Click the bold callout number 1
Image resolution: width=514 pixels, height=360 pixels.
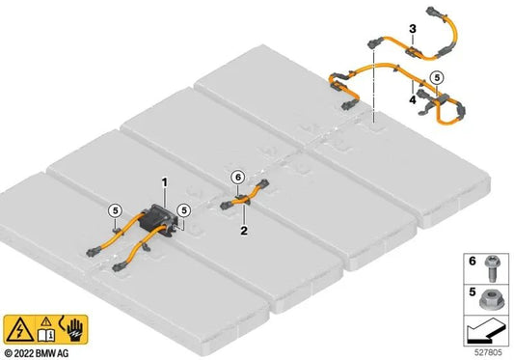click(x=165, y=182)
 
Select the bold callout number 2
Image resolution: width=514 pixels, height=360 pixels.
click(x=244, y=231)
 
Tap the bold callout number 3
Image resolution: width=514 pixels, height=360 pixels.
click(x=413, y=29)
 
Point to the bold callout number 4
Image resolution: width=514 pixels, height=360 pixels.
click(x=413, y=99)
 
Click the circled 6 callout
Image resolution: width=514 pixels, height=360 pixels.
click(x=238, y=178)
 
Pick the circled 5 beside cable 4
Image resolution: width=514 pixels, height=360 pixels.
click(x=437, y=77)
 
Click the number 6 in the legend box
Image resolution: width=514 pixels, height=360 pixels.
click(x=472, y=261)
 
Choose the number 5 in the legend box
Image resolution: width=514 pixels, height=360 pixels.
click(x=472, y=291)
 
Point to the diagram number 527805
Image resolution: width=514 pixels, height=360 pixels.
click(x=488, y=352)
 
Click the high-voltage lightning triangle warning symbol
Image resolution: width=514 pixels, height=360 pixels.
click(x=19, y=330)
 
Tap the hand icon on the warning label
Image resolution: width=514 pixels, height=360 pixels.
click(x=75, y=329)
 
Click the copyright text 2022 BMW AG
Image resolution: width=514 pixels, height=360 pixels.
click(x=36, y=353)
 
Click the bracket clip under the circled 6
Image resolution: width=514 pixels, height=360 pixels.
click(x=242, y=199)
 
